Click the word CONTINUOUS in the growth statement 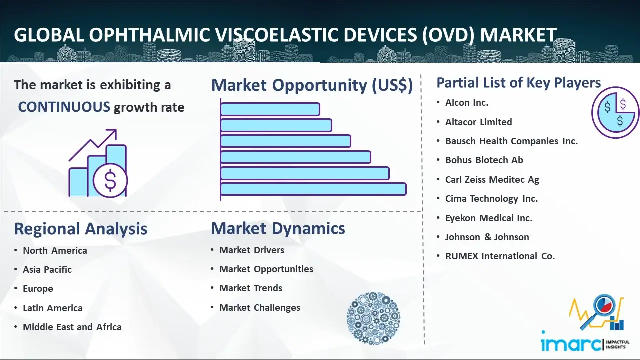64,107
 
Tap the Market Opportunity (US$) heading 312,85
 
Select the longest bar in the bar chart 313,189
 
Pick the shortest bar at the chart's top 270,109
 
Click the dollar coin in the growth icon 110,181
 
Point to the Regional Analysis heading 80,229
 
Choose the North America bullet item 55,251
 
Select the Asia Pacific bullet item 47,270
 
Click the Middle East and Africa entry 72,327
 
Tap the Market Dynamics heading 278,228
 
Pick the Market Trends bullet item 251,288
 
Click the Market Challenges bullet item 260,308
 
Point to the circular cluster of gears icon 373,318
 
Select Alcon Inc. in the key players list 467,103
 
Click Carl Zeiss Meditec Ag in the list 492,180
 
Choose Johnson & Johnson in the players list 487,237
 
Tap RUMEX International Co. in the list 500,256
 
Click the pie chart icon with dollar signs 615,113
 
